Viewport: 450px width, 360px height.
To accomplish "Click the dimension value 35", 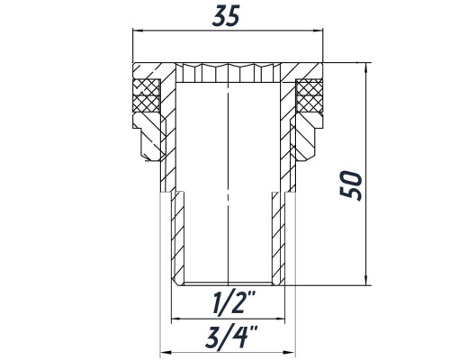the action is (x=226, y=16).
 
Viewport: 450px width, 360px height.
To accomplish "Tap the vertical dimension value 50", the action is (x=351, y=185).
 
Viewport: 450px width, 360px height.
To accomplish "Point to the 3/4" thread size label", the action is (x=231, y=337).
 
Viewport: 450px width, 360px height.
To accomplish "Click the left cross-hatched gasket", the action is (x=147, y=95).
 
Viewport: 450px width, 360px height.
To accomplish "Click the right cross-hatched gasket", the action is (x=310, y=95).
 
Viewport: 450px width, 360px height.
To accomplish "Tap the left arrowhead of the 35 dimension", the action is (x=137, y=30).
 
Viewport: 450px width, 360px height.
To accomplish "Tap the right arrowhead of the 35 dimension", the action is (x=319, y=30).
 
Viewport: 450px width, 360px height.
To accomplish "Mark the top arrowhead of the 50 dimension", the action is (x=365, y=67).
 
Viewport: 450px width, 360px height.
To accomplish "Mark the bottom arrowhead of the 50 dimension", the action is (x=365, y=281).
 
